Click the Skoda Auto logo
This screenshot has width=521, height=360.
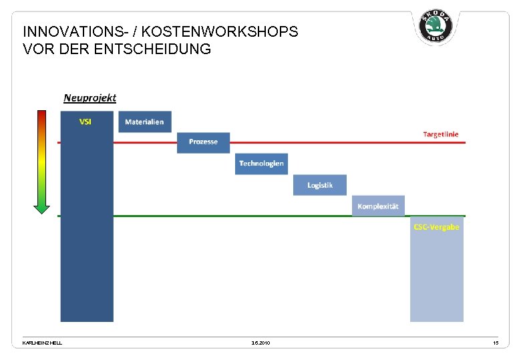436,27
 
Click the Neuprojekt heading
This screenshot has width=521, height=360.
90,98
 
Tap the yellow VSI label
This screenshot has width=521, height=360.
85,121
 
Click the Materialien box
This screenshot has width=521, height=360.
144,122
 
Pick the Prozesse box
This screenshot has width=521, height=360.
203,142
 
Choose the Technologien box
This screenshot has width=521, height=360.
261,164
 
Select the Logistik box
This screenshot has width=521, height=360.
320,185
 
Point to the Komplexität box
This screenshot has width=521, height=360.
378,206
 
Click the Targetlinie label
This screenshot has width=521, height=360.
441,134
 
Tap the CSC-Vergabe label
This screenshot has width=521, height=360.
436,227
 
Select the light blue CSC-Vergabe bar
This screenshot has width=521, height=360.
437,277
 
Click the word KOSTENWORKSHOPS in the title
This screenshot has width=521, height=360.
220,31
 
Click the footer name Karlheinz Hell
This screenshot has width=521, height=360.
42,343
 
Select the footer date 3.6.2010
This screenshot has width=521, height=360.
260,343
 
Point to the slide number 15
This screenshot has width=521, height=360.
495,343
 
